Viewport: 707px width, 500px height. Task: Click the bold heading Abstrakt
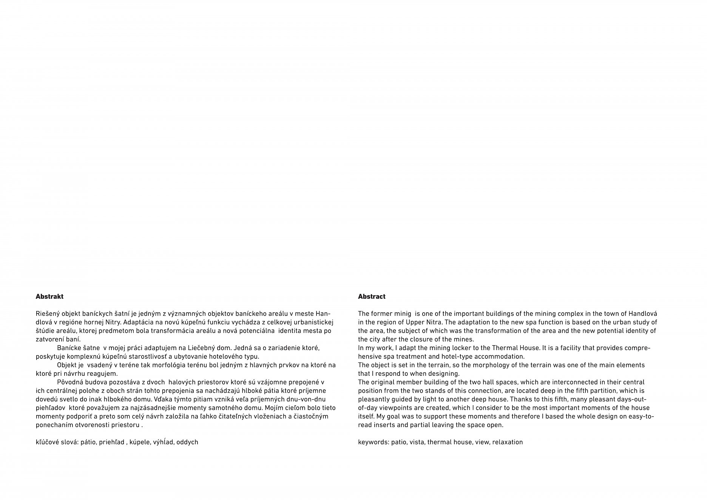point(49,296)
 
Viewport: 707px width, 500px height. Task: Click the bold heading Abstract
point(372,296)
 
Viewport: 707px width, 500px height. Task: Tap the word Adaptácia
point(137,323)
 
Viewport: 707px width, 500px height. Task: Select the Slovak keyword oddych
point(187,442)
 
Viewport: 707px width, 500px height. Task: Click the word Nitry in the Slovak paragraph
point(113,323)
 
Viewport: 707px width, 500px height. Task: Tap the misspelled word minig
point(403,314)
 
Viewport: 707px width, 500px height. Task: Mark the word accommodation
point(499,356)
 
